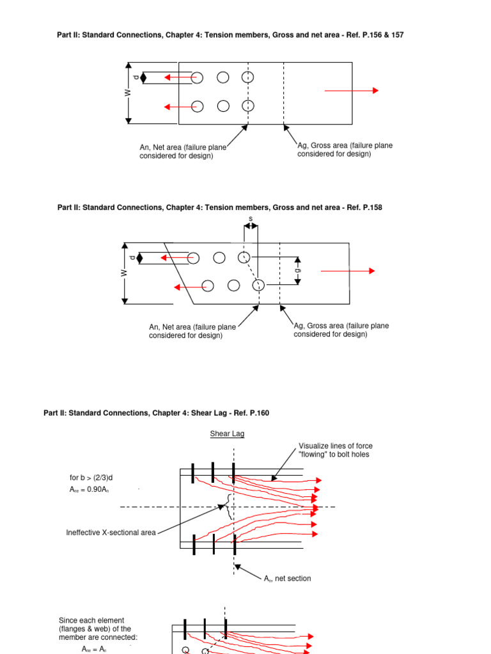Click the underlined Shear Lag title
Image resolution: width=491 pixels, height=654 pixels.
coord(228,434)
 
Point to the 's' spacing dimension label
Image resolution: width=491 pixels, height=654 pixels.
coord(251,219)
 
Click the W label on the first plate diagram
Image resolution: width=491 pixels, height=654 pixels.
coord(128,93)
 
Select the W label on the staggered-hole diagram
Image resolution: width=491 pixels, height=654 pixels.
coord(125,273)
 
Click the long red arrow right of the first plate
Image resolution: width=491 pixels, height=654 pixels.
coord(351,91)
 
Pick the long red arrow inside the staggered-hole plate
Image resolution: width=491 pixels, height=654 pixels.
coord(347,271)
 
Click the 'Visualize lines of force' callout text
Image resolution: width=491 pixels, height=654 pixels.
coord(336,450)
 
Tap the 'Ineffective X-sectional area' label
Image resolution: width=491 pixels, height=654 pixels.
coord(111,533)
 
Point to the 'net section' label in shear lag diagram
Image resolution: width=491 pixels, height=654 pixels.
coord(288,579)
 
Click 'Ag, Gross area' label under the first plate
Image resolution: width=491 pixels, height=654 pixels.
coord(345,149)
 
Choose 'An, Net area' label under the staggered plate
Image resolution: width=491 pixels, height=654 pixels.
coord(192,331)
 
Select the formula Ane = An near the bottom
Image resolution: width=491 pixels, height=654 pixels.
coord(97,649)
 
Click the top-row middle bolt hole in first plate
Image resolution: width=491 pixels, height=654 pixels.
coord(222,77)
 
